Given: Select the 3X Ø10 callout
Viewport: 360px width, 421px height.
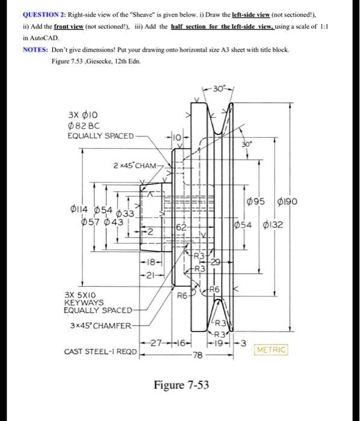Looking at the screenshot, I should coord(79,114).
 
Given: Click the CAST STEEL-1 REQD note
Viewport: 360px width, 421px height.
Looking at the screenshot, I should coord(100,351).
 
